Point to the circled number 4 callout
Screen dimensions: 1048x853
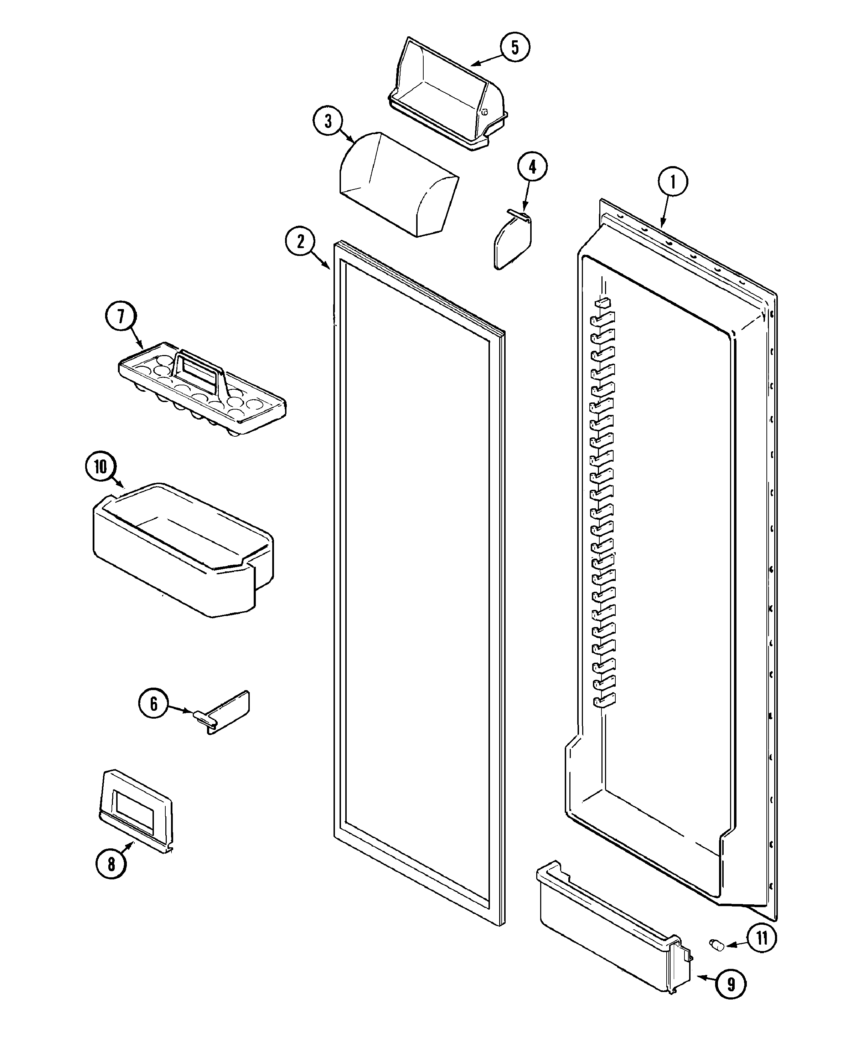coord(532,167)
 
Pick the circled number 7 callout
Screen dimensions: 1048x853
coord(121,316)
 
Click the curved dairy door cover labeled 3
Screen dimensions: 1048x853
coord(398,184)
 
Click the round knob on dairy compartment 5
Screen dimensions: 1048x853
coord(485,112)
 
